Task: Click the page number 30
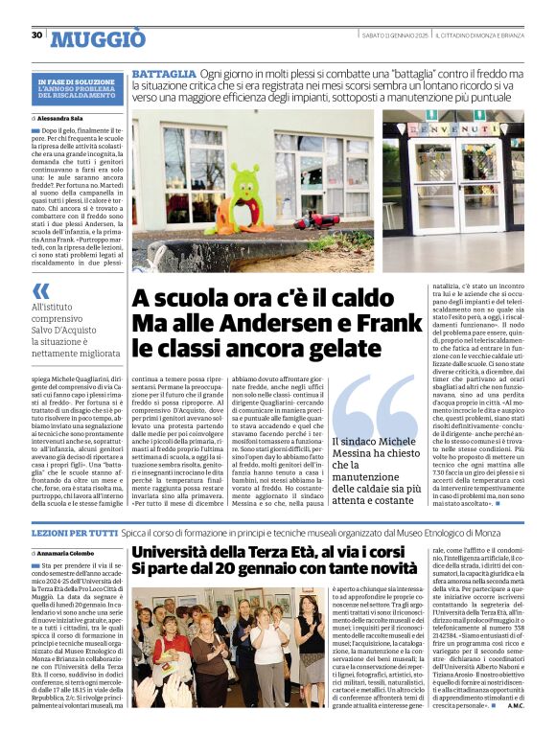tap(37, 35)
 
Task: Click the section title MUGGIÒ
tap(99, 38)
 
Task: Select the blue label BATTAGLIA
tap(164, 74)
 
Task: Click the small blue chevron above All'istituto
tap(40, 291)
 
